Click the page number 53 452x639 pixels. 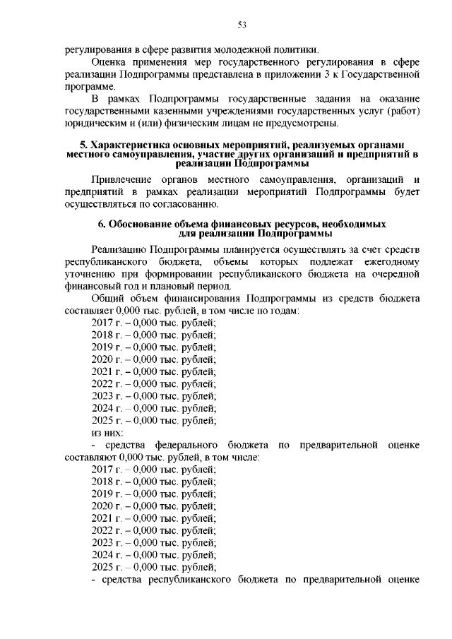click(x=242, y=25)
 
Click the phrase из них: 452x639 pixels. click(x=107, y=432)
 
